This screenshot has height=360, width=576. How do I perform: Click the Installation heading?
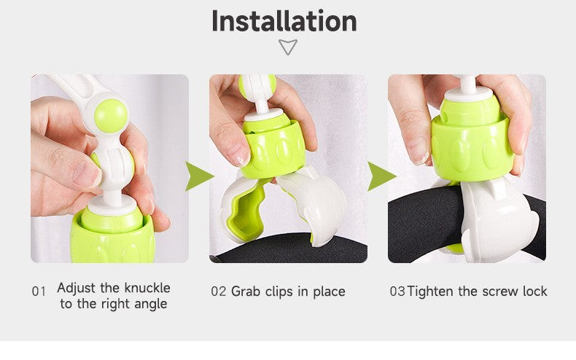click(x=284, y=21)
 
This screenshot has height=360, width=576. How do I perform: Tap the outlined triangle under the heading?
click(x=287, y=47)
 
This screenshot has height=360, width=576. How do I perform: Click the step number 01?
click(x=39, y=291)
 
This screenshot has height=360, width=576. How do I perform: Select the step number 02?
click(x=218, y=291)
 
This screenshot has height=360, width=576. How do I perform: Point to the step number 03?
click(x=397, y=291)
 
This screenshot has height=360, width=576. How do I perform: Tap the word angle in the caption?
click(x=151, y=305)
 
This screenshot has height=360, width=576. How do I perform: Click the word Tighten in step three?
click(x=430, y=291)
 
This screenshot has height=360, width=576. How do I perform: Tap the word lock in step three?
click(x=535, y=291)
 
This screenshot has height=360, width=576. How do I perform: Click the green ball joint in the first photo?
click(x=111, y=116)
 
